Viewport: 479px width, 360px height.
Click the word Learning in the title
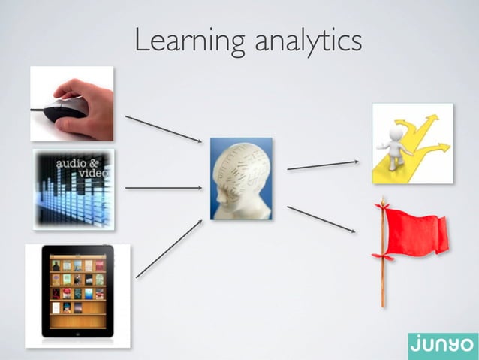pyautogui.click(x=190, y=41)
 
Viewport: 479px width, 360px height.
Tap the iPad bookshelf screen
pyautogui.click(x=77, y=289)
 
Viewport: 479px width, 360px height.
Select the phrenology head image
pyautogui.click(x=240, y=179)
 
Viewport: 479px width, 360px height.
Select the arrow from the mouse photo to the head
pyautogui.click(x=163, y=128)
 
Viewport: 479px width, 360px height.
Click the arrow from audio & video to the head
pyautogui.click(x=164, y=188)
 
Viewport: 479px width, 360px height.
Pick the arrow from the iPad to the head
pyautogui.click(x=169, y=249)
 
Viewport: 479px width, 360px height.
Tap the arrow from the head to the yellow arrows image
pyautogui.click(x=323, y=165)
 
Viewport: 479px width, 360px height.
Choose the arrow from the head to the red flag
pyautogui.click(x=321, y=219)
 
